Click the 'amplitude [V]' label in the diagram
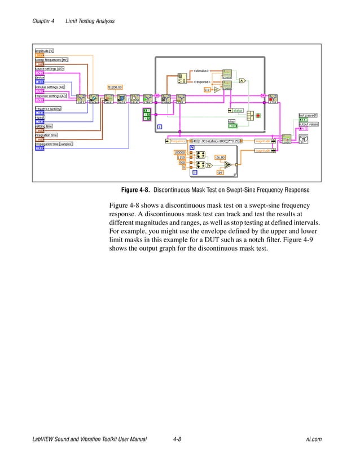[44, 51]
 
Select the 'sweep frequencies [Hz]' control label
[51, 59]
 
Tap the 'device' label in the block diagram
[40, 77]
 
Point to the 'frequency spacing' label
[48, 108]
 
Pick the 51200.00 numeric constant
[115, 86]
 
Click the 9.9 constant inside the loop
[207, 89]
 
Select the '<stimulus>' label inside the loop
[201, 71]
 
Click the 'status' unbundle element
[236, 110]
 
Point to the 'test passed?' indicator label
[308, 115]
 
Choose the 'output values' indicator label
[308, 124]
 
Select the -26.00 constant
[220, 157]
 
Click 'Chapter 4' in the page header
[43, 21]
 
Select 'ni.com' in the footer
[313, 439]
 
